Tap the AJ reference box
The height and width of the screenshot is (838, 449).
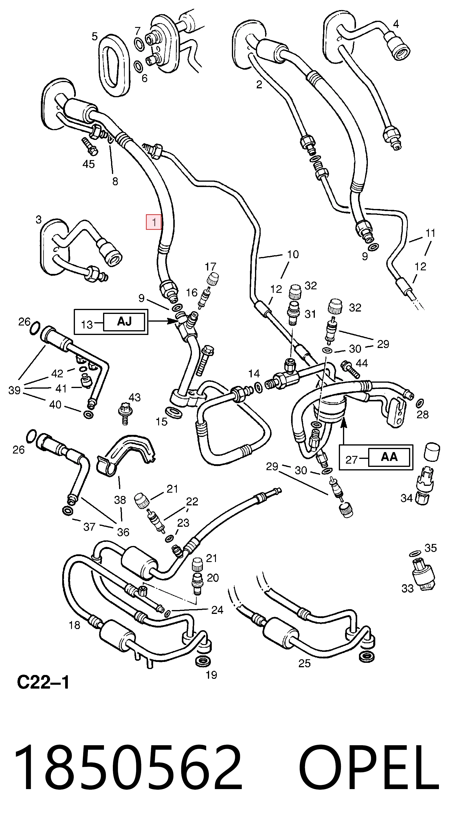click(124, 322)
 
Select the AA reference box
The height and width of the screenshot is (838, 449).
click(389, 457)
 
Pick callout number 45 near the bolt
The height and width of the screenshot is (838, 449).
click(89, 164)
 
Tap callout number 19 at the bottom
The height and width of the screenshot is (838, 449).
click(211, 675)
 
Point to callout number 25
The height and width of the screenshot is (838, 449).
click(304, 663)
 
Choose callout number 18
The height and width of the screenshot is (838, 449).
click(74, 625)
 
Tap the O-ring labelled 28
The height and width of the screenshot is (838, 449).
click(420, 403)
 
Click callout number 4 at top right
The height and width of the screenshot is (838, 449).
click(396, 24)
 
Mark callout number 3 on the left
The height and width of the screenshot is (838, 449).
click(39, 220)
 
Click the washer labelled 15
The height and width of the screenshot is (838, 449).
click(173, 411)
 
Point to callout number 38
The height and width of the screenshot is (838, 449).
click(120, 500)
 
